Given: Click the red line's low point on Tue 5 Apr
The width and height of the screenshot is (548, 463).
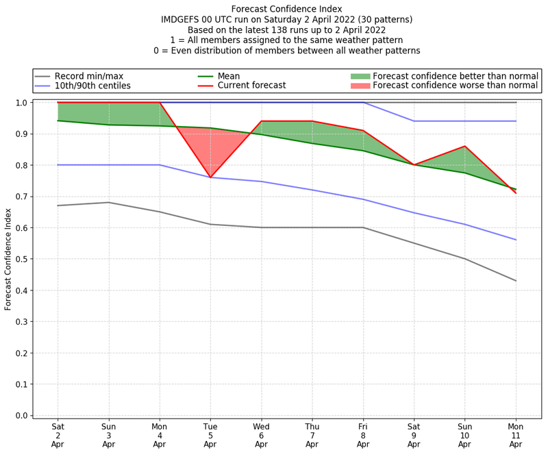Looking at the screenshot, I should pyautogui.click(x=210, y=177).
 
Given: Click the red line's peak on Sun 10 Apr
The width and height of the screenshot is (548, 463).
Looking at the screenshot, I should pyautogui.click(x=465, y=147).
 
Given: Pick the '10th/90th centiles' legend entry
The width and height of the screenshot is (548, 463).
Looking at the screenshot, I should pyautogui.click(x=92, y=86).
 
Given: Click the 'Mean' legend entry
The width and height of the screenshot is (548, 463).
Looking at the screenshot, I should pyautogui.click(x=229, y=76).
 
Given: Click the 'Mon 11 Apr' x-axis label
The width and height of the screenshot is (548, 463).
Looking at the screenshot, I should pyautogui.click(x=516, y=435).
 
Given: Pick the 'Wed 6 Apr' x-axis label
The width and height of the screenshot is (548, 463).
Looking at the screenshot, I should pyautogui.click(x=261, y=435).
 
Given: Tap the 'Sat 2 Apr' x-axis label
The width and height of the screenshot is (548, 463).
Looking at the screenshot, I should pyautogui.click(x=58, y=435).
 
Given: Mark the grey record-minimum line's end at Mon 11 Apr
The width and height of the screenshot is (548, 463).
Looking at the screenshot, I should pyautogui.click(x=516, y=281).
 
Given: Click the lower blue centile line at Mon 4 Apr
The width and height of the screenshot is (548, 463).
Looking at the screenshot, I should pyautogui.click(x=160, y=165).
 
